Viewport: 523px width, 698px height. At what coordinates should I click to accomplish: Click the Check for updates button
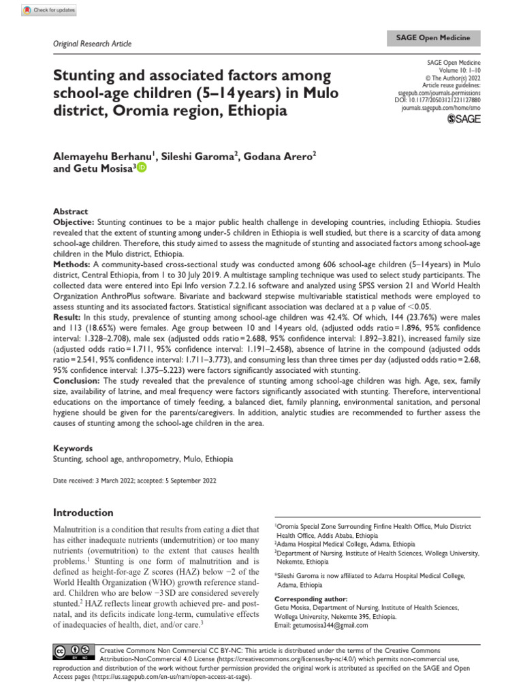point(49,10)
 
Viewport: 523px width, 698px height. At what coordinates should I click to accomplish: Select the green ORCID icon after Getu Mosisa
point(142,168)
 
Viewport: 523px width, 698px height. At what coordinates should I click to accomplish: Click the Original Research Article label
point(92,44)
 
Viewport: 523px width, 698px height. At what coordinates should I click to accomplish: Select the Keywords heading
point(73,449)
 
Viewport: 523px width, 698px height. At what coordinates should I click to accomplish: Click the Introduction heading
point(83,512)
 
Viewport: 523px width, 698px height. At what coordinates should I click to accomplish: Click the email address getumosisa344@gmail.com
point(319,625)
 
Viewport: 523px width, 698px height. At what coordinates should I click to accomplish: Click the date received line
point(135,481)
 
